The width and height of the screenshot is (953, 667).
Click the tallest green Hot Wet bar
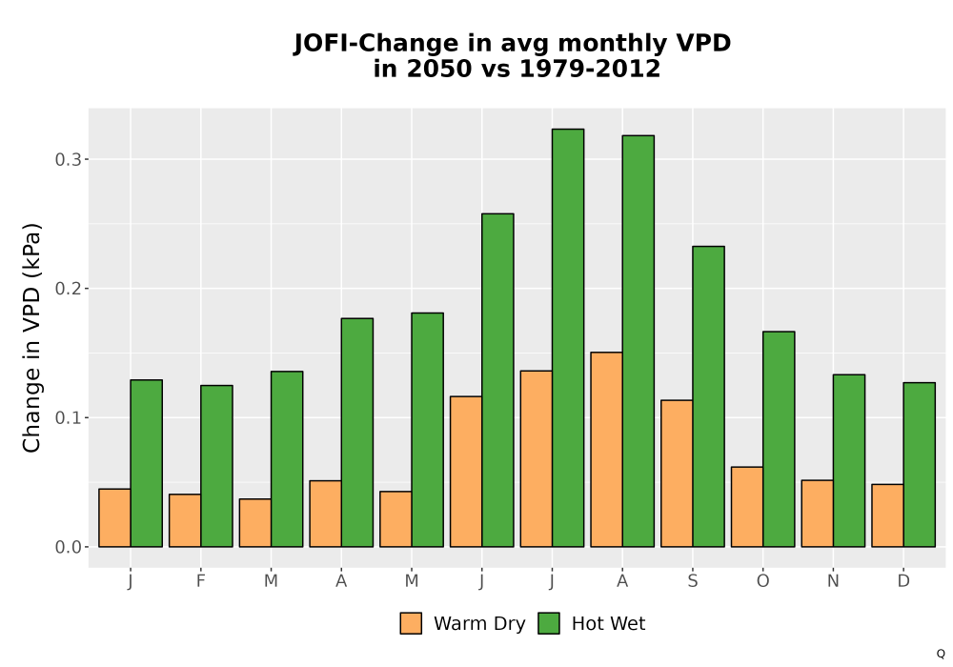[568, 337]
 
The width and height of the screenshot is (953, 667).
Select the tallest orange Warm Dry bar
[606, 450]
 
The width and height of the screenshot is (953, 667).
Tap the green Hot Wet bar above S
[709, 396]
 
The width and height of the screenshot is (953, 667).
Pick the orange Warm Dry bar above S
[677, 474]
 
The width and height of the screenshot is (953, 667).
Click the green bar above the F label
[216, 466]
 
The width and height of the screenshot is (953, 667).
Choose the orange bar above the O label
[747, 507]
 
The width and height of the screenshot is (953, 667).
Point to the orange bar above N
[818, 514]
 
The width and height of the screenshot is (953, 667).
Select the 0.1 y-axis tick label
[68, 418]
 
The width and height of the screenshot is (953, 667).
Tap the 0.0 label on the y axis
[68, 547]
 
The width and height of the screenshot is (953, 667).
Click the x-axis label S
[693, 581]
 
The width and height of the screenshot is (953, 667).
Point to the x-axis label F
[200, 581]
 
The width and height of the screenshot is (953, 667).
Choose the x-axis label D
[903, 581]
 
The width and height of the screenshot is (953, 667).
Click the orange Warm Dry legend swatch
[411, 623]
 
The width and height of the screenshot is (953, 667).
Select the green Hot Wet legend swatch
[549, 623]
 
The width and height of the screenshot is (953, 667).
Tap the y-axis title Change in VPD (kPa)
[31, 337]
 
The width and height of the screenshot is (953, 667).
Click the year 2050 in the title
[438, 69]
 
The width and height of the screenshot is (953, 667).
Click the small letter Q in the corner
[941, 654]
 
